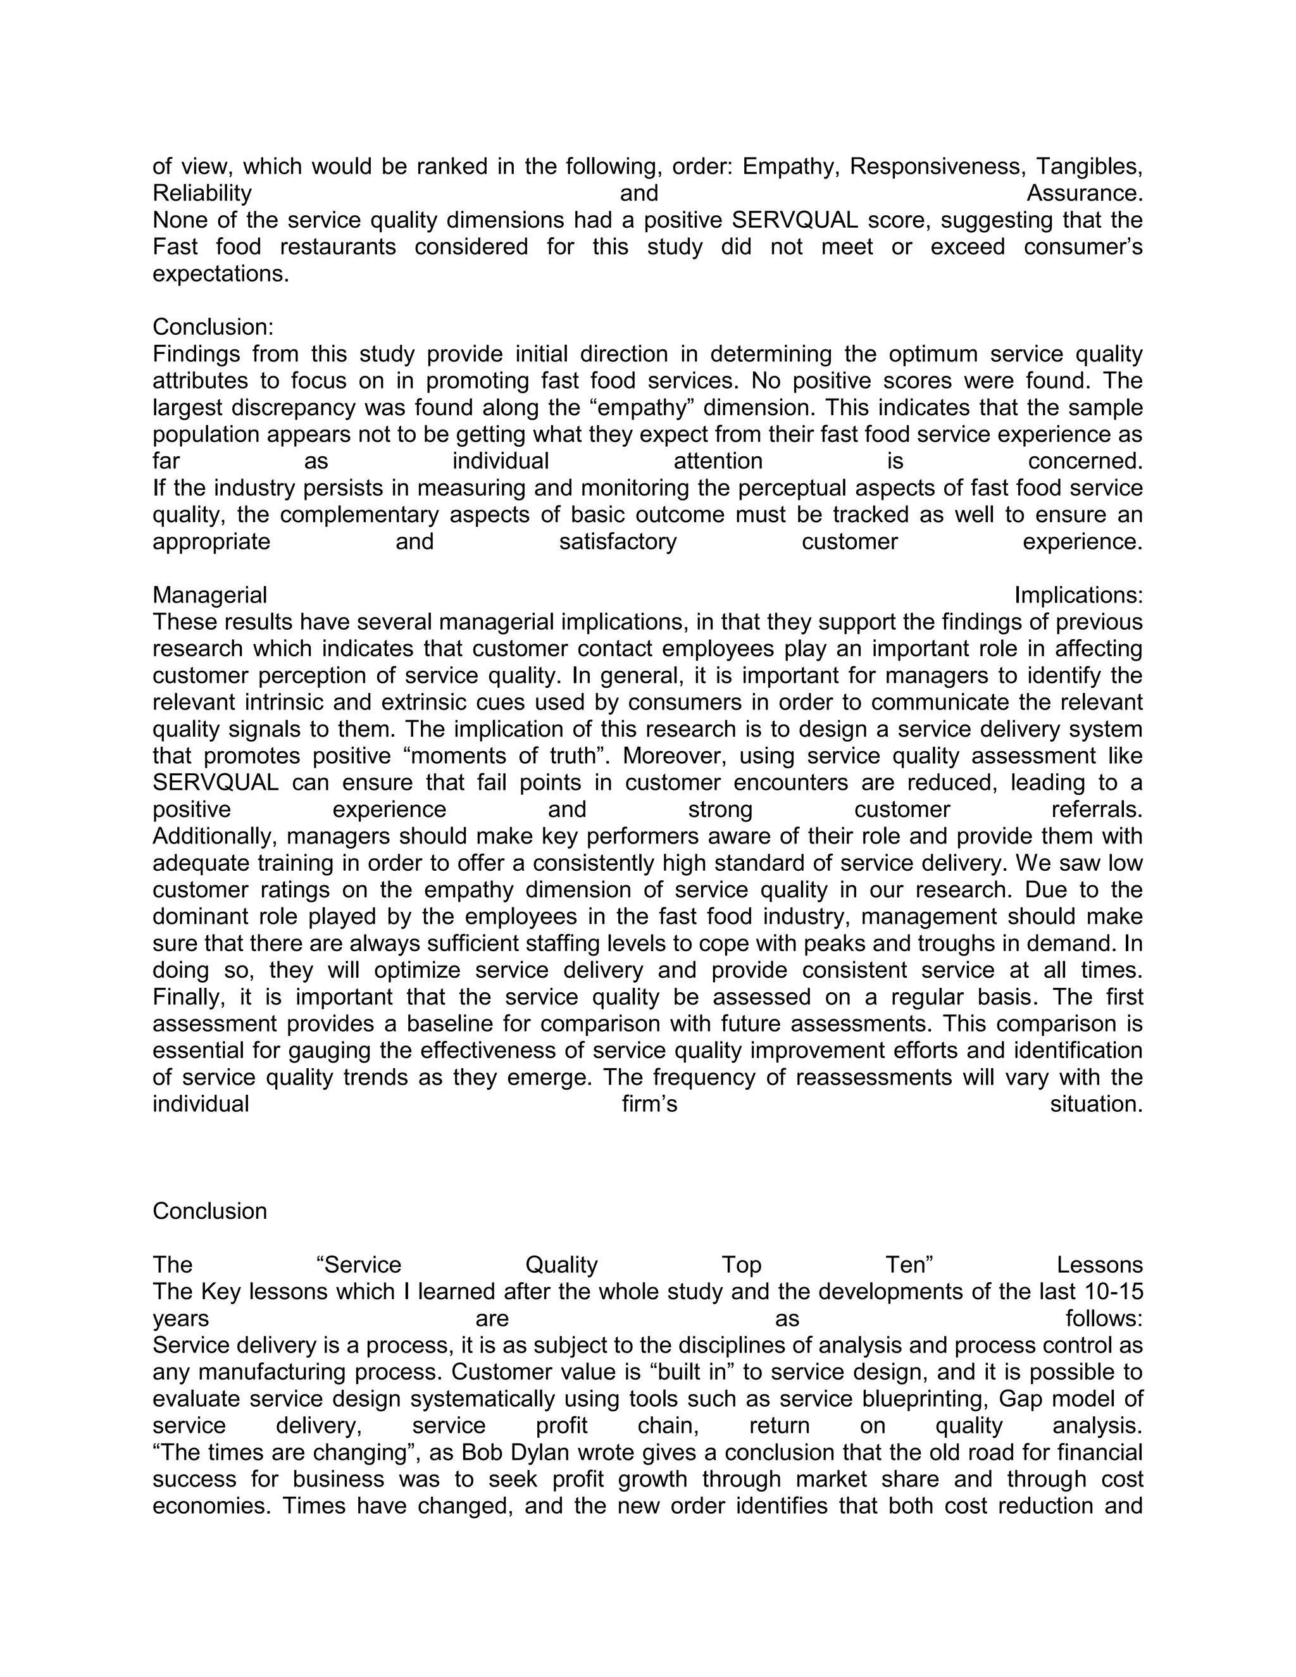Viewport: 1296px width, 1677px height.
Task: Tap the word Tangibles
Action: (x=1090, y=166)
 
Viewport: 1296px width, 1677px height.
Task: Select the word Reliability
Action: (x=202, y=194)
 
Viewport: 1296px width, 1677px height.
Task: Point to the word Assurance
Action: (x=1084, y=194)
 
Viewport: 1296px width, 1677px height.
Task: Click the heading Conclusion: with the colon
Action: (x=213, y=327)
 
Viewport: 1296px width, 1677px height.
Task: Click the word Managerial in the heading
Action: (x=209, y=595)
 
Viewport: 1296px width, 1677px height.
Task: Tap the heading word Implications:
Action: (x=1078, y=595)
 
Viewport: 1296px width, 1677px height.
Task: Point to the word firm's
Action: (x=649, y=1105)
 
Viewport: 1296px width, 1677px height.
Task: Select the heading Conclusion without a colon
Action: (x=209, y=1212)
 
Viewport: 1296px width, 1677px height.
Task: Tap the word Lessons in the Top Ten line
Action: (x=1099, y=1266)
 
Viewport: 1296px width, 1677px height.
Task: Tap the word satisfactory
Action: (x=617, y=542)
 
